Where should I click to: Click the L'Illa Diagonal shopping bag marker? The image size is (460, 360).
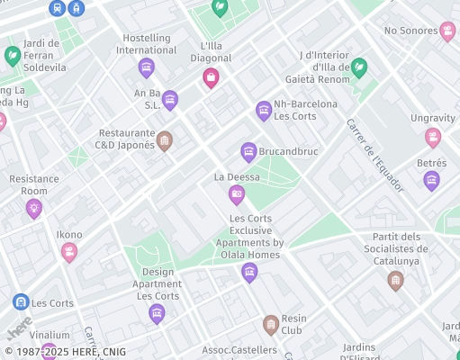(x=211, y=77)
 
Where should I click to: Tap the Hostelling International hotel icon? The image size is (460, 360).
(x=146, y=67)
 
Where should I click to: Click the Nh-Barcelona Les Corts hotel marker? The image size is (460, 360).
(x=264, y=110)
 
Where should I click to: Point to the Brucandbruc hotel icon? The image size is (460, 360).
(x=248, y=151)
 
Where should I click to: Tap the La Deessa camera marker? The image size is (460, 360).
(x=237, y=193)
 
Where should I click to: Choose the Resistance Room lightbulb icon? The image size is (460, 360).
(x=34, y=208)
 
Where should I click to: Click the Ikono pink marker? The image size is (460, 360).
(x=69, y=252)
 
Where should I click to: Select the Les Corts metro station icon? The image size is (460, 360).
(x=21, y=302)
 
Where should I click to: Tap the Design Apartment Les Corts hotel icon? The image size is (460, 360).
(x=157, y=312)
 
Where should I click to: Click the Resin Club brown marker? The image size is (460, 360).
(x=270, y=324)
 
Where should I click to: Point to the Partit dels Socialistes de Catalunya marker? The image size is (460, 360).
(x=395, y=281)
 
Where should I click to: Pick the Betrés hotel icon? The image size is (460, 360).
(x=431, y=180)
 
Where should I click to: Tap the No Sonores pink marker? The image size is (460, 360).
(x=447, y=32)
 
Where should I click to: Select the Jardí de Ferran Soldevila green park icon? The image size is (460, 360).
(x=13, y=56)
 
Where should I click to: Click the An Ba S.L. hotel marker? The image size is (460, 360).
(x=170, y=100)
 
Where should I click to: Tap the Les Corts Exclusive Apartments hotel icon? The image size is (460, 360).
(x=249, y=271)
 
